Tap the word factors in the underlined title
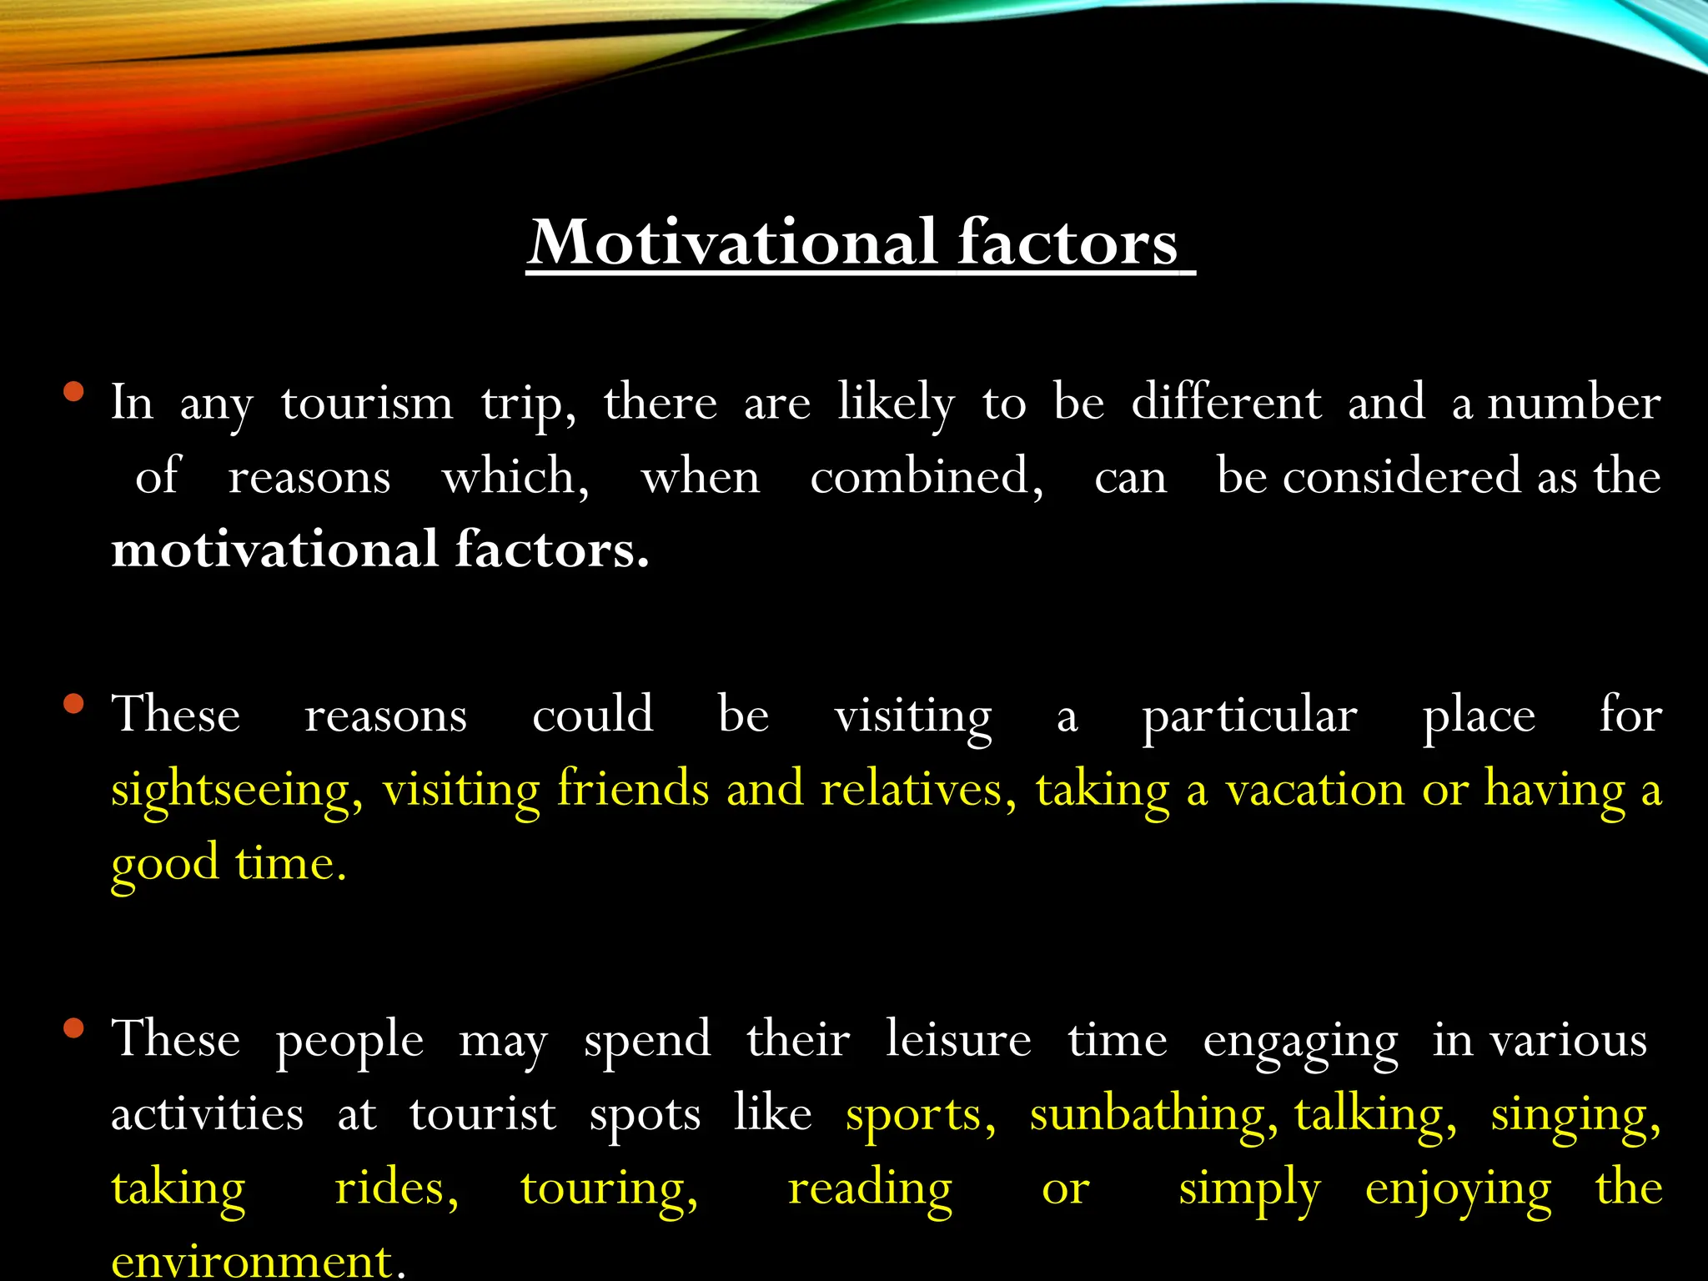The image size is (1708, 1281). click(1067, 243)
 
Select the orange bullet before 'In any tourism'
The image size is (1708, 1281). click(73, 391)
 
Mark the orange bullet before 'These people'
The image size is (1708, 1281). click(73, 1027)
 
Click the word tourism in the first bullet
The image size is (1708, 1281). click(367, 403)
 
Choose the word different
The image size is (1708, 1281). click(1226, 403)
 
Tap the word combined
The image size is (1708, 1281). click(926, 477)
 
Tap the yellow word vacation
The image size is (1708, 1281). click(1314, 790)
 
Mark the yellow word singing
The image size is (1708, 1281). click(1575, 1116)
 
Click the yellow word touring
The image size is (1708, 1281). click(609, 1189)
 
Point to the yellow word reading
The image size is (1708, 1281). click(870, 1189)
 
